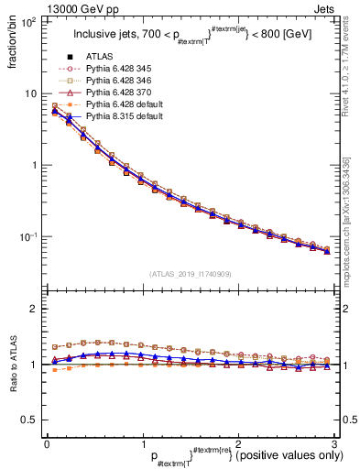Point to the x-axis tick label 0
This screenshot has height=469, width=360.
pyautogui.click(x=47, y=443)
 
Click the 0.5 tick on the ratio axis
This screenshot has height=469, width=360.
pyautogui.click(x=30, y=420)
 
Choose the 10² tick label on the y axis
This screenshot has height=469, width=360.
pyautogui.click(x=28, y=22)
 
